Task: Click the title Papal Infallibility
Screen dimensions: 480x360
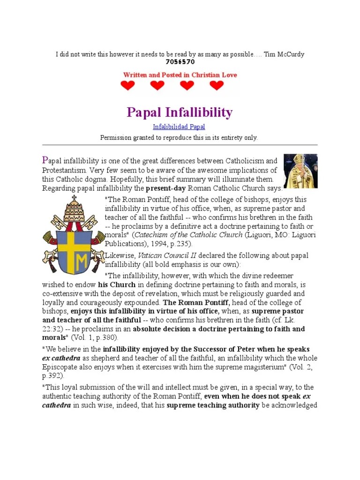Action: click(180, 112)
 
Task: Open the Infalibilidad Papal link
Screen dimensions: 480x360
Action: click(179, 127)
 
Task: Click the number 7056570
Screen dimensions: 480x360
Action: click(180, 62)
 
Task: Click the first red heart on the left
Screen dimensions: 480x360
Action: click(127, 86)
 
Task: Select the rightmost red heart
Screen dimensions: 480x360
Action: click(217, 86)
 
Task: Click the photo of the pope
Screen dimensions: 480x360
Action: click(300, 171)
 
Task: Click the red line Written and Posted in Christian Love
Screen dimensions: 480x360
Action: click(180, 75)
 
